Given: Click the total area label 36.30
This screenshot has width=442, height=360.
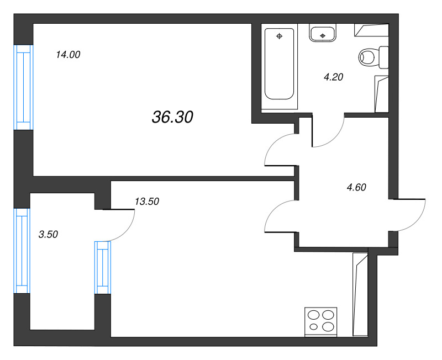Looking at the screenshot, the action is click(x=172, y=117).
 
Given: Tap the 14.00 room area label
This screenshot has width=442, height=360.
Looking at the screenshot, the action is click(x=68, y=54).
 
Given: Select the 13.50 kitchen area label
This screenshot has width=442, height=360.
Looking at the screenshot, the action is click(x=147, y=202).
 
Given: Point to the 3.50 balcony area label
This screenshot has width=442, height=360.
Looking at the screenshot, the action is click(x=48, y=234).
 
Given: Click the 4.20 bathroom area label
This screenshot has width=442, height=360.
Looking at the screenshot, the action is click(x=334, y=77).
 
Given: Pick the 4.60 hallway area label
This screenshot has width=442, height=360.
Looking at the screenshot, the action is click(x=356, y=187).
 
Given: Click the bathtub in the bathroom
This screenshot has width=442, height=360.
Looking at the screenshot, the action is click(x=280, y=63).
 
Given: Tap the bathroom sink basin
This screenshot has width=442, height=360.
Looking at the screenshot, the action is click(x=323, y=33).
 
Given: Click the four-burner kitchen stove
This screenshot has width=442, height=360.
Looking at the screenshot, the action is click(x=321, y=322).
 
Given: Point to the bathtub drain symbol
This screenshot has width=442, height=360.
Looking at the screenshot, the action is click(x=280, y=36).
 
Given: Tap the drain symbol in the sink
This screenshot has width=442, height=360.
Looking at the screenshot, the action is click(x=323, y=36).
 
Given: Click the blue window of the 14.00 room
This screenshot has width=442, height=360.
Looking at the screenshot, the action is click(x=24, y=87).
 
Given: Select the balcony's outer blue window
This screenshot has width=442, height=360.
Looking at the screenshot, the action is click(x=22, y=251).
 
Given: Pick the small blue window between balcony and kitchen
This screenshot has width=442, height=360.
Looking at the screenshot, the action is click(x=103, y=268).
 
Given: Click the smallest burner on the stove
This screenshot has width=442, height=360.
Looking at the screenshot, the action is click(x=313, y=327).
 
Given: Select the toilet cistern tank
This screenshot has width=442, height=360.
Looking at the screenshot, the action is click(x=384, y=57).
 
